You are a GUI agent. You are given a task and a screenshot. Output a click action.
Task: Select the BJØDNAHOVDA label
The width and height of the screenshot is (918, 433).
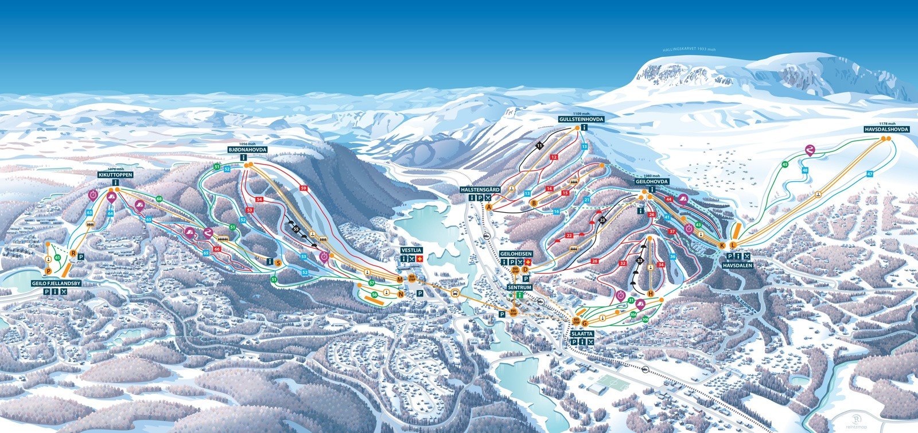click(x=244, y=149)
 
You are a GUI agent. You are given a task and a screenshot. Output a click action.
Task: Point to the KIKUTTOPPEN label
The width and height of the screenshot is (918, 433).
click(x=115, y=174)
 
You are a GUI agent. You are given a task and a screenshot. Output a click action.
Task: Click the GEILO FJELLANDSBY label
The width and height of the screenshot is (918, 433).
click(x=56, y=283)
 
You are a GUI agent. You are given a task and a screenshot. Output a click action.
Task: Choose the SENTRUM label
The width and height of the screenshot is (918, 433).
click(x=520, y=286)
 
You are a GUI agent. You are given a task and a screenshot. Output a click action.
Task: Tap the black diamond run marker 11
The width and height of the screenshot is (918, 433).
click(x=540, y=146)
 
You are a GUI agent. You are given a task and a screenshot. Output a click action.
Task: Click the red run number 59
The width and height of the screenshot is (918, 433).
click(x=304, y=188)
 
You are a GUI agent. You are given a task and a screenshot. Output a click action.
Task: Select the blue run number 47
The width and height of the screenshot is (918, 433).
click(x=870, y=174)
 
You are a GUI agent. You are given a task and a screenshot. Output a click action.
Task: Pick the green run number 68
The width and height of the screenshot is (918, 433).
click(x=159, y=199)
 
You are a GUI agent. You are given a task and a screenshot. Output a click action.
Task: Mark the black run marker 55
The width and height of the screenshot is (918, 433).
click(x=296, y=229)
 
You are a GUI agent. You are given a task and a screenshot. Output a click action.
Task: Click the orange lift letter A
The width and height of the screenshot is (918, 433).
click(x=489, y=206)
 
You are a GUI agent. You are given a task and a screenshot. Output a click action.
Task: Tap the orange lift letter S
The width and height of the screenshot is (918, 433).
click(x=278, y=263)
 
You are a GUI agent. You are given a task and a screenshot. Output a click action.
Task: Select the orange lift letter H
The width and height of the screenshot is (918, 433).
click(x=651, y=294)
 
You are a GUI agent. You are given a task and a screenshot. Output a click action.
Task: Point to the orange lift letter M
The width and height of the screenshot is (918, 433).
click(x=400, y=279)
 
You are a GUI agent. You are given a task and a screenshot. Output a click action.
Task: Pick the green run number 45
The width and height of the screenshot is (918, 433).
click(x=785, y=165)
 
